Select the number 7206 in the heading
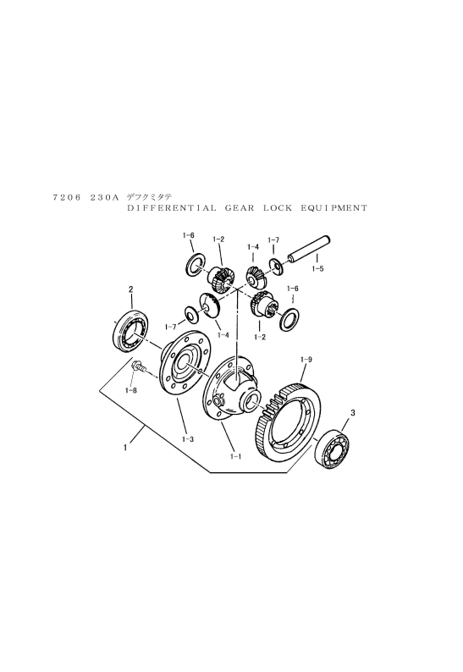(x=67, y=197)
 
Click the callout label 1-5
(x=317, y=269)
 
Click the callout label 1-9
(x=306, y=360)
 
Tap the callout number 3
(x=352, y=413)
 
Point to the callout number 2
(x=131, y=289)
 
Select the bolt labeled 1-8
(x=140, y=366)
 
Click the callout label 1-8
(x=131, y=390)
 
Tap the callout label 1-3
(x=188, y=439)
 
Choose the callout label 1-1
(x=236, y=456)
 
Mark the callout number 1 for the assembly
(x=124, y=448)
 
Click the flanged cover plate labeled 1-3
(x=184, y=363)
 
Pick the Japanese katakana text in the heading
(x=149, y=197)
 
